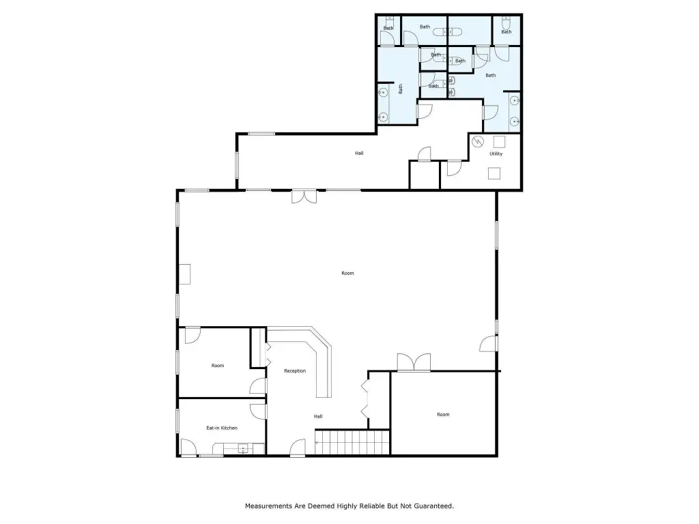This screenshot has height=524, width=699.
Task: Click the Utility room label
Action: [x=496, y=154]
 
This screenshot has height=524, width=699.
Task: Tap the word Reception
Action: [x=295, y=370]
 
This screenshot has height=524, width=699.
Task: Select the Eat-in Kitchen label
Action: [x=222, y=428]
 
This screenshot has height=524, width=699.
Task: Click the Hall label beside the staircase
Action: [x=318, y=417]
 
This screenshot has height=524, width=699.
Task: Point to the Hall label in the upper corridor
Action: [x=359, y=154]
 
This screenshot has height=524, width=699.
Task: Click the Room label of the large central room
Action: [x=347, y=273]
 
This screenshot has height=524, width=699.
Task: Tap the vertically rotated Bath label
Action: [x=400, y=89]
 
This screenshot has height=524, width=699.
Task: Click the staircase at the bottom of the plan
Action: [x=352, y=442]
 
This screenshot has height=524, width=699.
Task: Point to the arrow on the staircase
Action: [x=319, y=442]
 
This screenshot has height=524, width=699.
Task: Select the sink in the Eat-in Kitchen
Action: [x=243, y=448]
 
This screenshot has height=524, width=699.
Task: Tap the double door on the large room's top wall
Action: [x=304, y=196]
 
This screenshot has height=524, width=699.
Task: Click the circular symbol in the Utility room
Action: [x=478, y=141]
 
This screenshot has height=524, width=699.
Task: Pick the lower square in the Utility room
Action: [x=494, y=173]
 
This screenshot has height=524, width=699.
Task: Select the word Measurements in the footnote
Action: [x=268, y=506]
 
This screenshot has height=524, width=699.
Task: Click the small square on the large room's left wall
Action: [x=184, y=274]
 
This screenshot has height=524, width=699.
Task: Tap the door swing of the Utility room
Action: [x=454, y=168]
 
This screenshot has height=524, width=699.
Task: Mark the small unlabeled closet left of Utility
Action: [x=425, y=175]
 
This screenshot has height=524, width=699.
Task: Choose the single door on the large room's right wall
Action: [x=489, y=344]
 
